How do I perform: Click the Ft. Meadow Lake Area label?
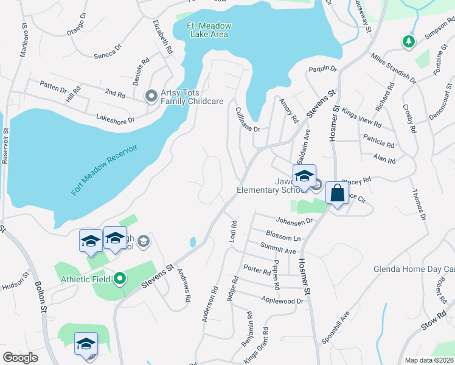pos(207,30)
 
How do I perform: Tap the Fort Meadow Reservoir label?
pos(105,170)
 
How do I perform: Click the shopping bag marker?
pos(337,193)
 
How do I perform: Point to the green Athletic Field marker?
pos(120,279)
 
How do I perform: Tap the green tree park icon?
pos(408,41)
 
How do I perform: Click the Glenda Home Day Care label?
pos(414,269)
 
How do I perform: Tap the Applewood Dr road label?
pos(282,301)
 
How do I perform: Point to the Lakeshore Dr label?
pos(115,119)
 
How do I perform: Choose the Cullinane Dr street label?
pos(247,119)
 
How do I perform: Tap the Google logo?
pos(20,358)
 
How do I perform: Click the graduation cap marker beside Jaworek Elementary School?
pos(304,176)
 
